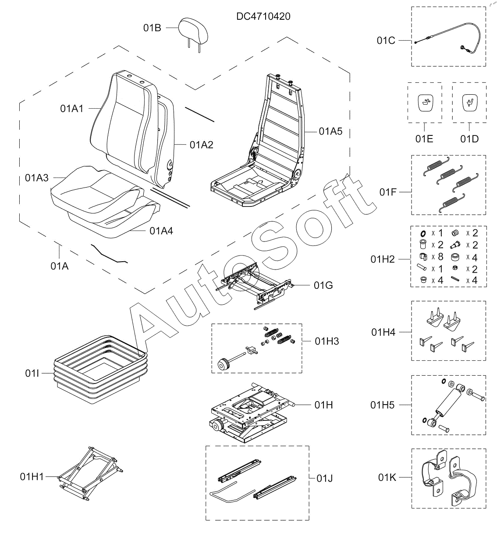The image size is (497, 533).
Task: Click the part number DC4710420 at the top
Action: point(263,17)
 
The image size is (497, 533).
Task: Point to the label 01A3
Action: point(37,178)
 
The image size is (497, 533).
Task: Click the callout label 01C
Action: point(386,40)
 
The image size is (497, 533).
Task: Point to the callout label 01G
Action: point(323,286)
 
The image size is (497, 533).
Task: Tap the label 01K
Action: point(387,477)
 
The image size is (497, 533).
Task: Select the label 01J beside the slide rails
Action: point(325,478)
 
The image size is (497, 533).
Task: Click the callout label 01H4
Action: point(383,332)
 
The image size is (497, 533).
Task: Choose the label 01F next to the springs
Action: point(388,192)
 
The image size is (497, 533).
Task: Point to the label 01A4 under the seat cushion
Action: point(161,231)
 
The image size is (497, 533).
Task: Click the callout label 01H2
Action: point(383,259)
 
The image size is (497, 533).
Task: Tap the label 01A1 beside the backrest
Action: point(72,109)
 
